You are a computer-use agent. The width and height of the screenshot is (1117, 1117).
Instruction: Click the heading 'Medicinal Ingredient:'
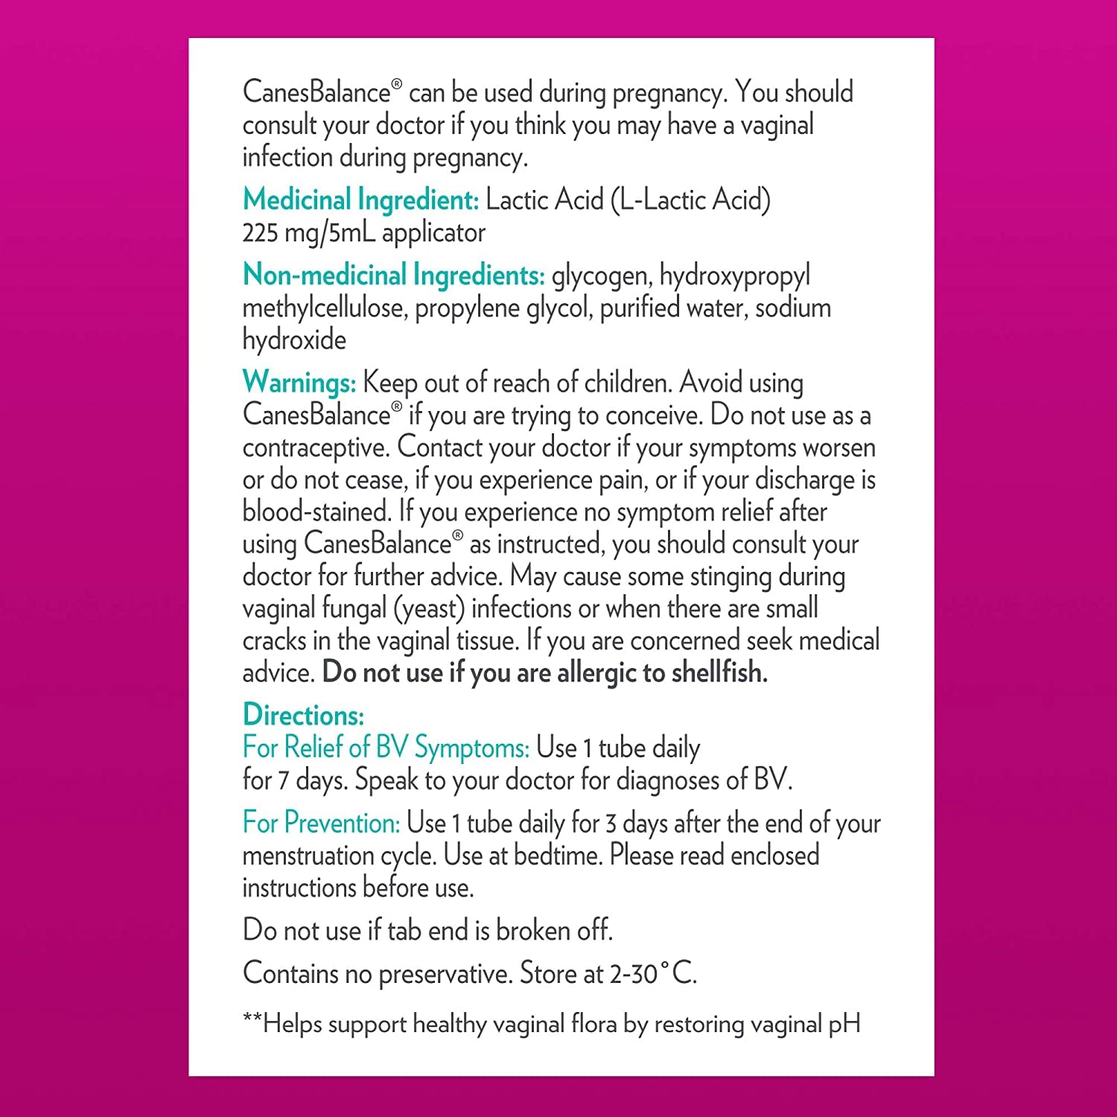tap(360, 200)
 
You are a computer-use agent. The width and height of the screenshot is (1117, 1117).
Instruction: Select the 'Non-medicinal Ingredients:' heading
tap(393, 276)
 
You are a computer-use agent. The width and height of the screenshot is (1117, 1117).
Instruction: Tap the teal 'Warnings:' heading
tap(299, 383)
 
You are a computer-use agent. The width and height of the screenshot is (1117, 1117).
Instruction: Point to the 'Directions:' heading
tap(303, 715)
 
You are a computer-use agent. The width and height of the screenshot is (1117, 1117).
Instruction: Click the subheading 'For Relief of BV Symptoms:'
tap(386, 748)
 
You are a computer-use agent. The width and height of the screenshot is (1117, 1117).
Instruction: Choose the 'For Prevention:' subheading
tap(322, 823)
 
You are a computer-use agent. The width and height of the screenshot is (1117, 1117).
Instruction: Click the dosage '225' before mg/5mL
tap(260, 233)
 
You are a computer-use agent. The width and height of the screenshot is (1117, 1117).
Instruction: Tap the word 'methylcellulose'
tap(324, 308)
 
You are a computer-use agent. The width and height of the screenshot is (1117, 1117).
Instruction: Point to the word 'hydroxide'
tap(294, 340)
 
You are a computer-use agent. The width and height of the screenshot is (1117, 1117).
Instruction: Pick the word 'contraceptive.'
tap(316, 448)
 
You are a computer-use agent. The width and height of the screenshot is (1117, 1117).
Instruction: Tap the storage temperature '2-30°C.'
tap(653, 973)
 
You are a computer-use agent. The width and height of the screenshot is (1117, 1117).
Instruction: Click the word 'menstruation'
tap(309, 856)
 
